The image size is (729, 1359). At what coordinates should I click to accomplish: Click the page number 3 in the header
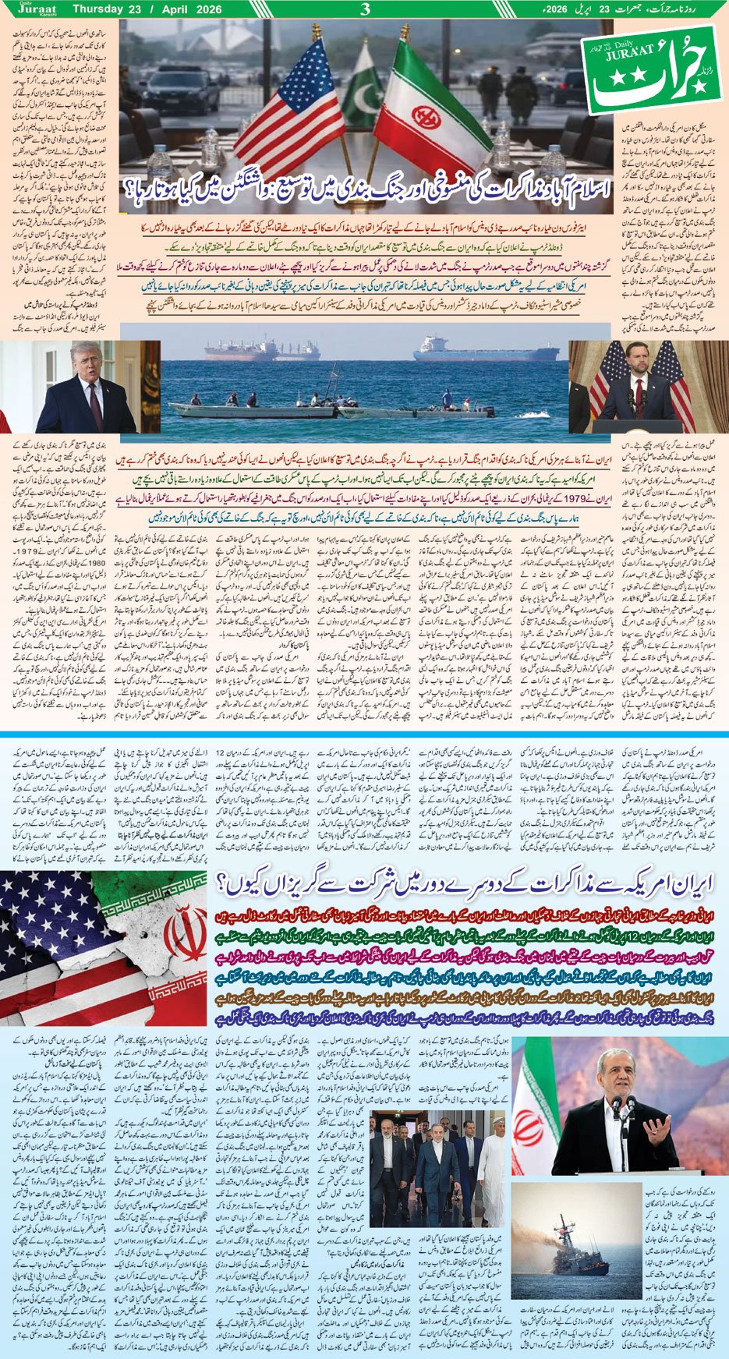click(364, 9)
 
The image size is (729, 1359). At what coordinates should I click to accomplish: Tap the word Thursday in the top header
click(97, 9)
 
